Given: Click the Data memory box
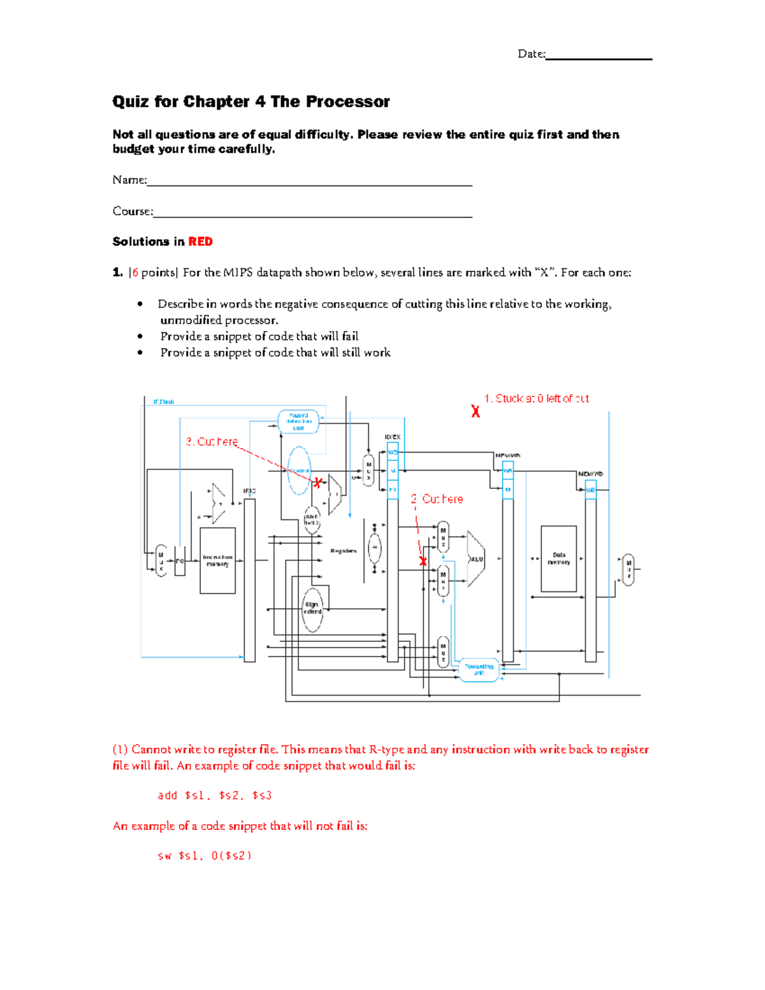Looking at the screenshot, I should [558, 558].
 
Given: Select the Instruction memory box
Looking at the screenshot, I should [217, 560].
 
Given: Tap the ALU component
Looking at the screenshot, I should [476, 559].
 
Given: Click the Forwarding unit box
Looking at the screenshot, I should [479, 669].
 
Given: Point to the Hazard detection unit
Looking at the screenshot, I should [298, 421].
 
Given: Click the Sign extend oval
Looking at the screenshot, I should [312, 608].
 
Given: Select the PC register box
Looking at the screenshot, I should [180, 561].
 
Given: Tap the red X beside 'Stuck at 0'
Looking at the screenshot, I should [476, 412].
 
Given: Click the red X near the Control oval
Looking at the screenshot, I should [317, 483].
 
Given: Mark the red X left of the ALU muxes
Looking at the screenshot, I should [423, 561].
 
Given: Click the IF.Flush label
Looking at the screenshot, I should [163, 402].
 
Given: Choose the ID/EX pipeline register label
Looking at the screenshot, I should [393, 437].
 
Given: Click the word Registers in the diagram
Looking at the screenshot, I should [343, 551].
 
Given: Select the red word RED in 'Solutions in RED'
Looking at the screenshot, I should [200, 242].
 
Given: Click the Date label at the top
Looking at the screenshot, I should [531, 54].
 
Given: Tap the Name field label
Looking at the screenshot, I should [129, 180].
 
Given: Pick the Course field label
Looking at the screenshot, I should [133, 211].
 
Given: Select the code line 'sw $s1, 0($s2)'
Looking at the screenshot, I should [205, 855].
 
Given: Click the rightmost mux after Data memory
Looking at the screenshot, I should [628, 569].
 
